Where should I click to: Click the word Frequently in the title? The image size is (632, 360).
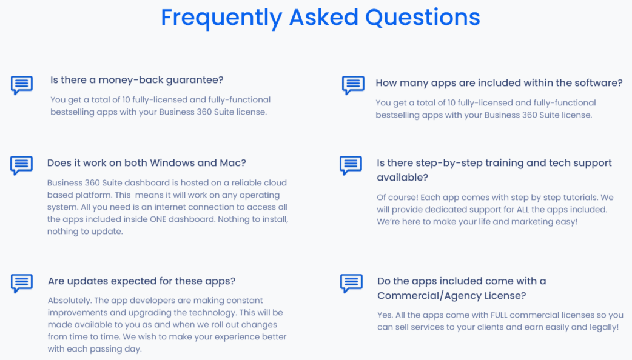(x=221, y=18)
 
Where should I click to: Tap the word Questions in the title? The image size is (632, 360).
(x=422, y=17)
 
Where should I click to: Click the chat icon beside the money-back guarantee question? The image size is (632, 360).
(x=22, y=85)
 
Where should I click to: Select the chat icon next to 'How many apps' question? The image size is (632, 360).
(x=353, y=85)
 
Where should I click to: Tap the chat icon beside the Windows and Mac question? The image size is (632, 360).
(x=21, y=165)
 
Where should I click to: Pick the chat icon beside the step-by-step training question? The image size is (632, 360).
(x=351, y=165)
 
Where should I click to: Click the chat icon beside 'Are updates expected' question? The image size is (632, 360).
(x=22, y=283)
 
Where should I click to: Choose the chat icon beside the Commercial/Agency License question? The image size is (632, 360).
(x=351, y=283)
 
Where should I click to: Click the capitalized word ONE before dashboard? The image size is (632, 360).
(x=158, y=219)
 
